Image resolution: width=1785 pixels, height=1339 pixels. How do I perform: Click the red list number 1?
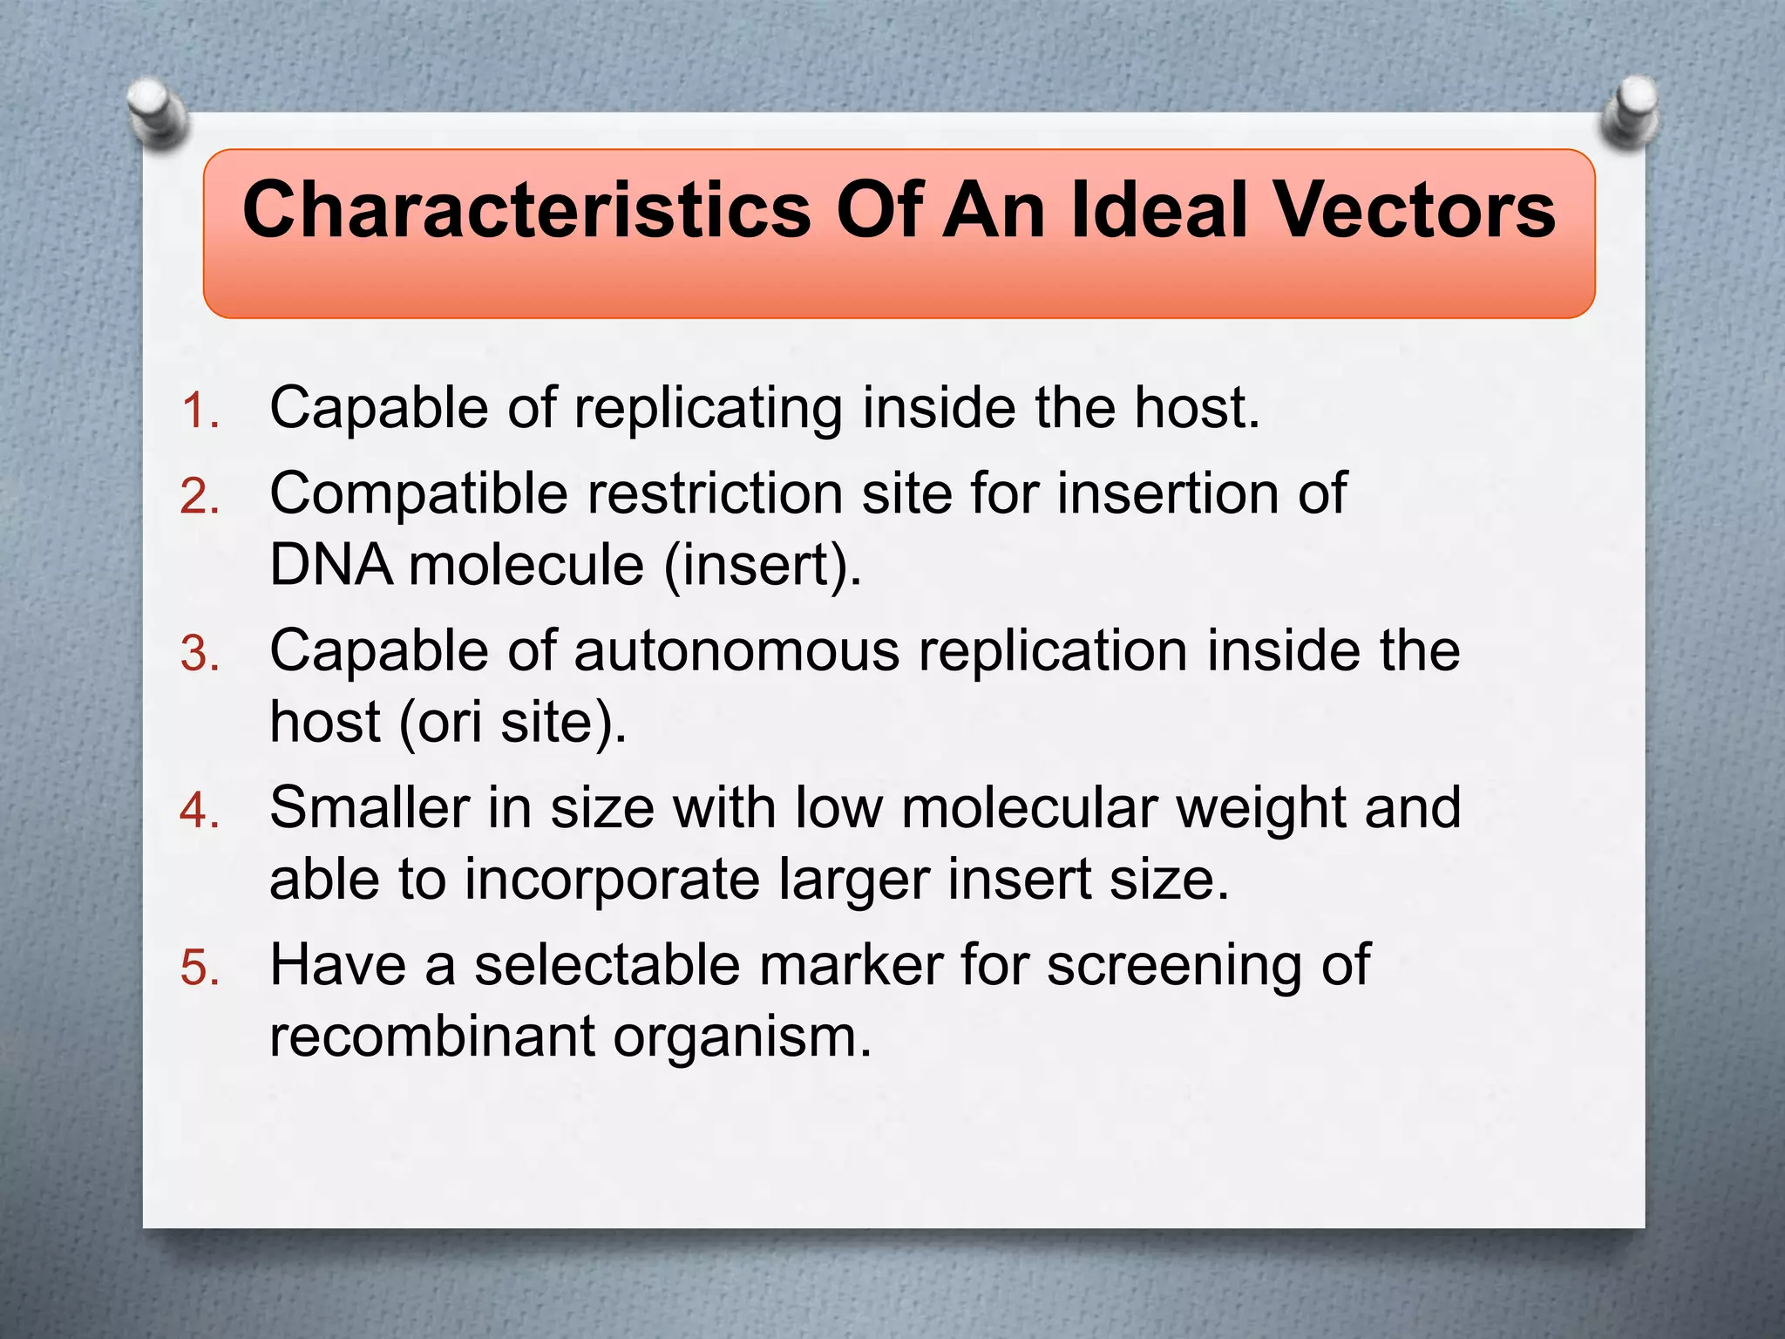199,411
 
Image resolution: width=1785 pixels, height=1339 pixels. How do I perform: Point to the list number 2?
199,497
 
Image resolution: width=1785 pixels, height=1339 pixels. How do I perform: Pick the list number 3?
199,654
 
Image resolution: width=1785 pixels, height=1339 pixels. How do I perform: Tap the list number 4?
199,811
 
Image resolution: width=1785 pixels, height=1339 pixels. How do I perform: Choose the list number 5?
199,968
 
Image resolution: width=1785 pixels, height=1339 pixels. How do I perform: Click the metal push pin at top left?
158,111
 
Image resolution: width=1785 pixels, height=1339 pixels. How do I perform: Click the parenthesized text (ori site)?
512,724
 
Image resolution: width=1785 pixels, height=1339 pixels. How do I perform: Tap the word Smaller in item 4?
370,808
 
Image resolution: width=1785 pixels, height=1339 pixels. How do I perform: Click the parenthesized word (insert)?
763,566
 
